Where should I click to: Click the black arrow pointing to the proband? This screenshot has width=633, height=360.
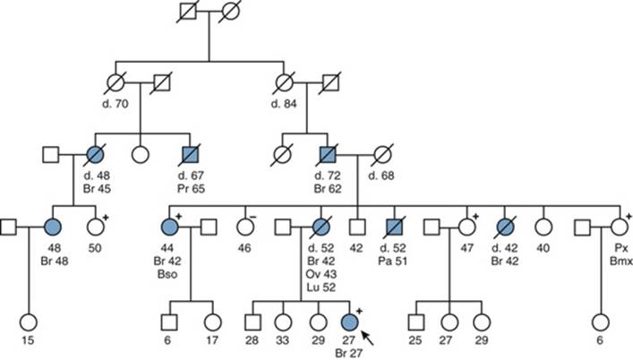[x=368, y=338]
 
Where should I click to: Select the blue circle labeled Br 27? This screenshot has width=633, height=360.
[x=349, y=322]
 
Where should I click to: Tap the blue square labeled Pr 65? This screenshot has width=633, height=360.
[x=190, y=155]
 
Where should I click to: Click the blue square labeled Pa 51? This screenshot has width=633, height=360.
[x=394, y=227]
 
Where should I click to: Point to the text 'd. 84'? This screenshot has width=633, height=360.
[x=284, y=104]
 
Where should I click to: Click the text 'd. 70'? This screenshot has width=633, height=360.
[x=115, y=104]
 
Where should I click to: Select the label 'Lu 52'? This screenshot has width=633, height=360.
[x=321, y=287]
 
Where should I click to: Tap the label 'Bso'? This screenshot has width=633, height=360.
[x=167, y=274]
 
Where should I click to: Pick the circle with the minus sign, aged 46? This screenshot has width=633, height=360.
[x=245, y=227]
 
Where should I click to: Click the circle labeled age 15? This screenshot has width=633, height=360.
[x=29, y=322]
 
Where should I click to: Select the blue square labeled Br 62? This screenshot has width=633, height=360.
[x=328, y=155]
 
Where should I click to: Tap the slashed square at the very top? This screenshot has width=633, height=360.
[x=188, y=11]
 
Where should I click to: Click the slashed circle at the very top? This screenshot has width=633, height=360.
[x=230, y=11]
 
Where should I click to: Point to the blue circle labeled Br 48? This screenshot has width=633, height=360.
[x=53, y=227]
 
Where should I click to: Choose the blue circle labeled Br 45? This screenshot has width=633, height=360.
[x=96, y=155]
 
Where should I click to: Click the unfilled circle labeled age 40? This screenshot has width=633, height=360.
[x=543, y=227]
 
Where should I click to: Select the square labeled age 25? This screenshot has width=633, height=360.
[x=415, y=322]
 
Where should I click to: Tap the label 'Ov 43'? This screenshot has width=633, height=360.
[x=321, y=274]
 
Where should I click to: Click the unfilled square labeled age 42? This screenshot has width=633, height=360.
[x=357, y=227]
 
